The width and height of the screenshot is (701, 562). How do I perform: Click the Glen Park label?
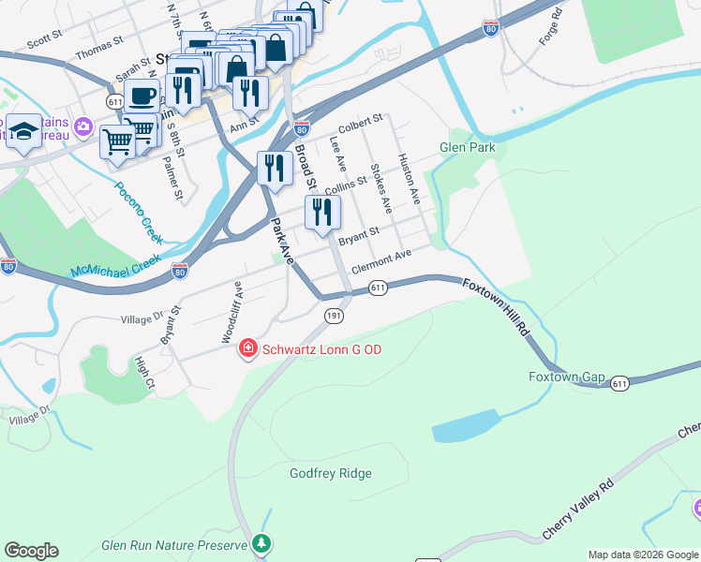tap(467, 148)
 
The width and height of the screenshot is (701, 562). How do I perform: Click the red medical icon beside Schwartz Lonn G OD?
tap(248, 349)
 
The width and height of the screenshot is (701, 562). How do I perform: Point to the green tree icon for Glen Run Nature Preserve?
tap(262, 543)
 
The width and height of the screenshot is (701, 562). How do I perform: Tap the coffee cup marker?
tap(142, 95)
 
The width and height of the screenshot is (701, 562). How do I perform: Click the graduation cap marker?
tap(22, 130)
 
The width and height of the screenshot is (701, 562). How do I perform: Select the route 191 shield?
tap(334, 317)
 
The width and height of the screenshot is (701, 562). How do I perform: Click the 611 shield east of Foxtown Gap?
tap(619, 384)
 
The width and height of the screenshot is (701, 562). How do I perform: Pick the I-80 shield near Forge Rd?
tap(491, 29)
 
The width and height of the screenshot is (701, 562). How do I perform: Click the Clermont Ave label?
tap(381, 261)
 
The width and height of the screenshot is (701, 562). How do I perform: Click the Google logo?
tap(31, 551)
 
